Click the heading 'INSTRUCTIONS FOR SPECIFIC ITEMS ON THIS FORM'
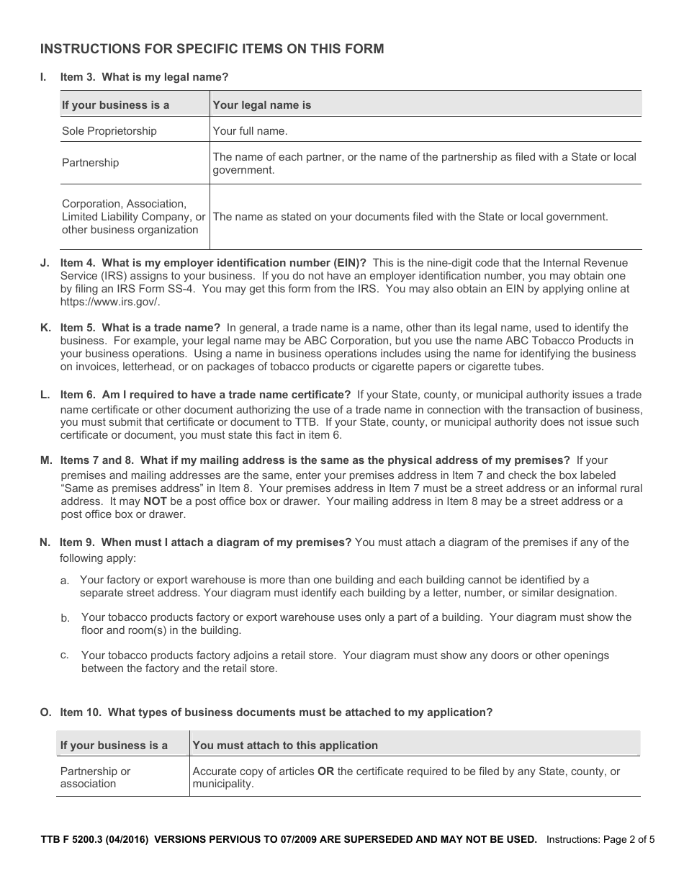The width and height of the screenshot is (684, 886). tap(212, 49)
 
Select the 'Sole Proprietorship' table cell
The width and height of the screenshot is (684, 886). tap(109, 131)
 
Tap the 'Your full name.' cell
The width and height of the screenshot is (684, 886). tap(250, 131)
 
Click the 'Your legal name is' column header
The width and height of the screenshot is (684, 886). tap(262, 105)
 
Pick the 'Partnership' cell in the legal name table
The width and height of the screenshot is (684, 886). tap(90, 163)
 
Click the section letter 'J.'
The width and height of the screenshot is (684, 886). tap(45, 263)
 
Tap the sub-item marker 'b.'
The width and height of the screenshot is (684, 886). tap(65, 618)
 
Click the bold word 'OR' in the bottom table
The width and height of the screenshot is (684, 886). tap(325, 771)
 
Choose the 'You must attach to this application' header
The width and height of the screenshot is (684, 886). tap(285, 746)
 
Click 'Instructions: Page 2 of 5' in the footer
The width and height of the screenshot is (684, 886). tap(600, 839)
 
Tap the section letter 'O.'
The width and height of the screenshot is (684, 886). tap(45, 712)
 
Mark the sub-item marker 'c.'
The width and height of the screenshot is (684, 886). tap(65, 655)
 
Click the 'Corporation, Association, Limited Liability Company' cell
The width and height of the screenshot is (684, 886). tap(133, 217)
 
